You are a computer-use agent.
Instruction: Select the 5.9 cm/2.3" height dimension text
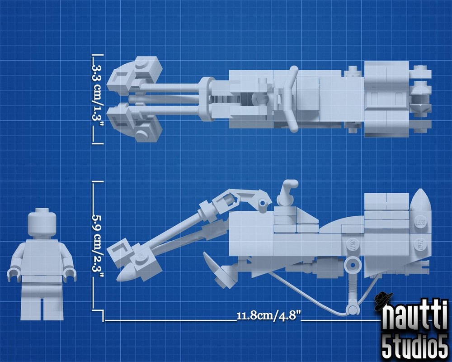tap(98, 245)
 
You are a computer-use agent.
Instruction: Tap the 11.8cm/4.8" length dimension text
tap(269, 315)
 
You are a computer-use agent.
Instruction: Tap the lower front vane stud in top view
tap(141, 133)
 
